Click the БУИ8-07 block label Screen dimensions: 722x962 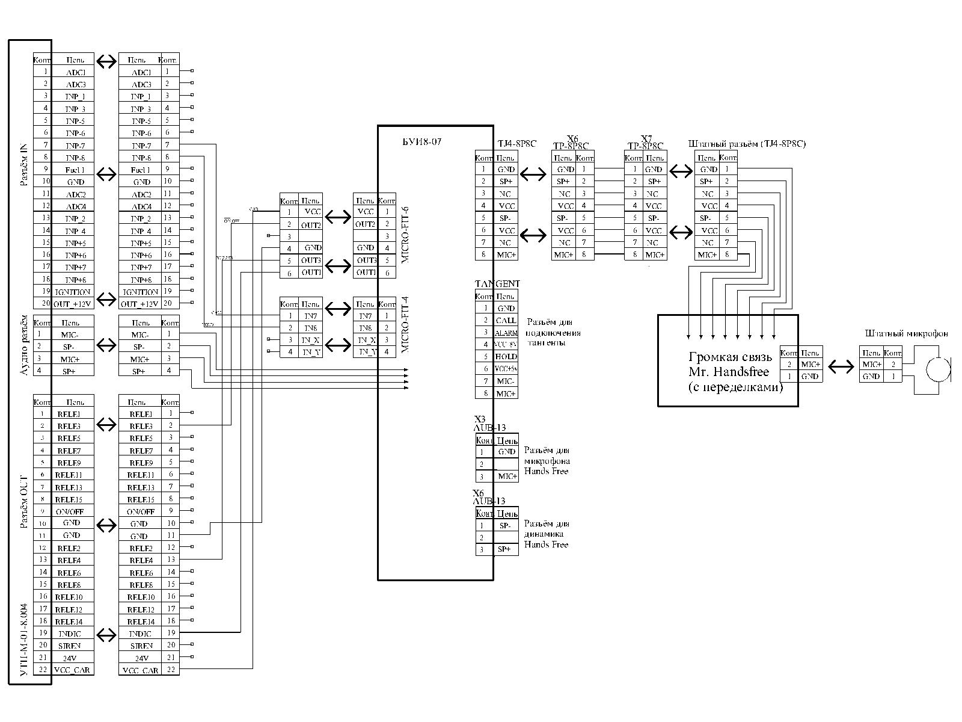(422, 143)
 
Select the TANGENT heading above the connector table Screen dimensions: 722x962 (497, 283)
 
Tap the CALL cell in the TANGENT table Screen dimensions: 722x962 (506, 321)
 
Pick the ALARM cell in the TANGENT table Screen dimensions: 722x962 (506, 333)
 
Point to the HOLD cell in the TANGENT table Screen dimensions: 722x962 (506, 357)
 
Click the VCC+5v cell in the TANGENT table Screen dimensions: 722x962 (506, 369)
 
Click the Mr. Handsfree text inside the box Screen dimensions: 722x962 (728, 372)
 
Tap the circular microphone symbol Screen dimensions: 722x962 (938, 369)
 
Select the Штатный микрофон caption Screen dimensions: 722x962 (906, 333)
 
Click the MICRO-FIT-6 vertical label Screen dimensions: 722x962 (405, 233)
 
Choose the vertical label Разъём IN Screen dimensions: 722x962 (24, 165)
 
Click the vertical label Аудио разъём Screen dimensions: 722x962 (24, 345)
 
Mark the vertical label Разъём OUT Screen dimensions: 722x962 (24, 501)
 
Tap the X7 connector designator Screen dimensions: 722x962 (646, 138)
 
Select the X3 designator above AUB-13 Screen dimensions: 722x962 (479, 419)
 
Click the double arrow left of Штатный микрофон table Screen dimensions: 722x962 (841, 366)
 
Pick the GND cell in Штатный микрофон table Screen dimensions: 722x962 (871, 377)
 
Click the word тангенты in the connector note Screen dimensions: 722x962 (545, 342)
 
